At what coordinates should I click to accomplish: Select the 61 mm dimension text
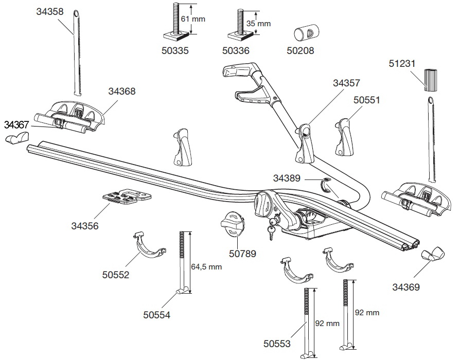coord(193,19)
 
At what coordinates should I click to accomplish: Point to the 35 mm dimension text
coord(258,24)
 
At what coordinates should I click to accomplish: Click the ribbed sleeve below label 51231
coord(431,80)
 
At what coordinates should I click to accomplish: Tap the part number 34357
coord(346,82)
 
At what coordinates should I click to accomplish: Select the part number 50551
coord(366,100)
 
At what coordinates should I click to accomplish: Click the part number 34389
coord(287,178)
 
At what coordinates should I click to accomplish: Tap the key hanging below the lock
coord(270,234)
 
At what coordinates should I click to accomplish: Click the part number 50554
coord(157,315)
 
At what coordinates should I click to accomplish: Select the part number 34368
coord(122,92)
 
